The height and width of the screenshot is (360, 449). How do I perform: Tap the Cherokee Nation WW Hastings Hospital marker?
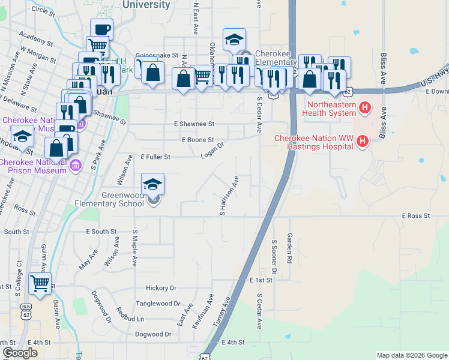click(x=362, y=142)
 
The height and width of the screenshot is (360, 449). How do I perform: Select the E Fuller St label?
click(x=155, y=157)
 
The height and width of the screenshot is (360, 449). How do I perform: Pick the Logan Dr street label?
click(x=212, y=151)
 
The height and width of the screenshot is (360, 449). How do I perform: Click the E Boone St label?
click(x=197, y=139)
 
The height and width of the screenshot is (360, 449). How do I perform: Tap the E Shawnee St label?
click(x=194, y=124)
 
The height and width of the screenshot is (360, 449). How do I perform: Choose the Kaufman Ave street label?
click(x=203, y=310)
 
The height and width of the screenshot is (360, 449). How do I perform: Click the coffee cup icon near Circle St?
click(x=101, y=29)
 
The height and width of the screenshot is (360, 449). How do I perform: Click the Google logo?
click(x=20, y=353)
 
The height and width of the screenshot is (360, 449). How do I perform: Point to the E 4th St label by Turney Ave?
click(x=234, y=342)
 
